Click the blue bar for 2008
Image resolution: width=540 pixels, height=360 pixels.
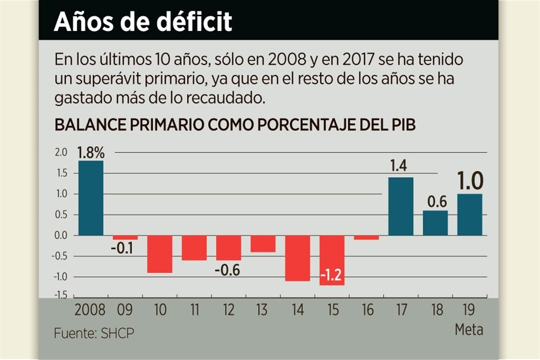[x=91, y=198]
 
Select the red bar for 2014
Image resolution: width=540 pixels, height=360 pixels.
[x=298, y=258]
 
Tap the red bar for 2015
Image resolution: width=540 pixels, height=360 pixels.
[x=332, y=260]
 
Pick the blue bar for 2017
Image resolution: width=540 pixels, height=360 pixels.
[x=400, y=206]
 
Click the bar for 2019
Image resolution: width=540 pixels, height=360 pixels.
[x=470, y=214]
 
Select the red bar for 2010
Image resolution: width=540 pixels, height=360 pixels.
[x=159, y=254]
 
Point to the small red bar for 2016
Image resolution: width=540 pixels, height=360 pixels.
[x=366, y=237]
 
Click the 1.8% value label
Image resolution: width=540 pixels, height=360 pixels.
[x=91, y=152]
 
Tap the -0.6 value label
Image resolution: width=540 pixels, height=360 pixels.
[x=228, y=270]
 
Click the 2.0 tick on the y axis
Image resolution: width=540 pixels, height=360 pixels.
[x=61, y=152]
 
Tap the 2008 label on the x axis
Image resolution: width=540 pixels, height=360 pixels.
[x=91, y=310]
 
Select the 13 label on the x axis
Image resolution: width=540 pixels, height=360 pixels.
[x=263, y=310]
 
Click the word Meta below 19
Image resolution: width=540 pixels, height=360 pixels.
[x=469, y=330]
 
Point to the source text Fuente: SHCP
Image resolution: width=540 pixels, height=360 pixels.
[x=94, y=333]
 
